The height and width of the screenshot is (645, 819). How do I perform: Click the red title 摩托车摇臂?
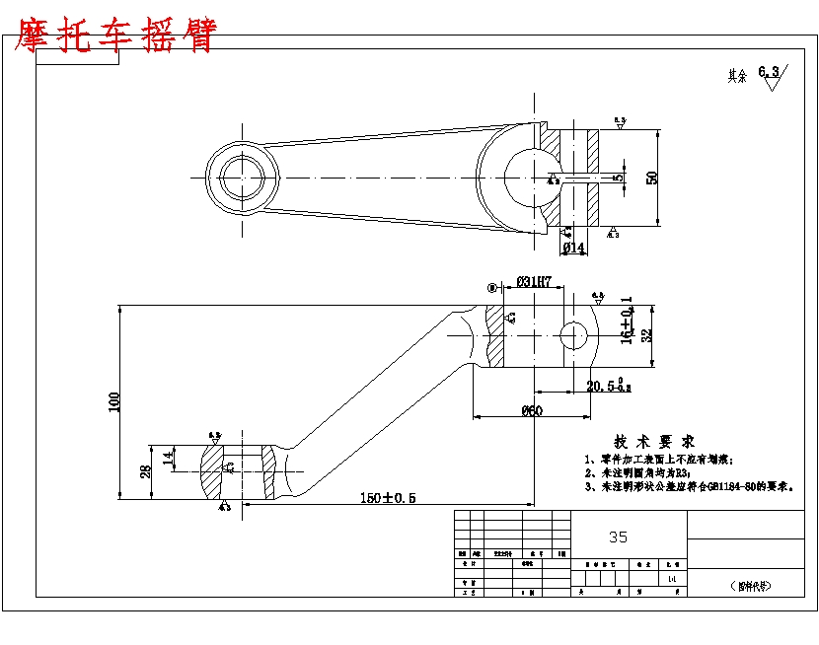click(113, 36)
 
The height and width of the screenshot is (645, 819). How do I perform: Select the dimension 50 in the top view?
click(652, 178)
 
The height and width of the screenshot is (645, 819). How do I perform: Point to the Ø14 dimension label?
click(573, 247)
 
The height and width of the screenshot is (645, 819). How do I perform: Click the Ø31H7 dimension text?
click(533, 282)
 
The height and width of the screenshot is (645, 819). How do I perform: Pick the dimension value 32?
click(646, 335)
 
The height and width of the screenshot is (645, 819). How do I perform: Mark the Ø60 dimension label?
click(532, 410)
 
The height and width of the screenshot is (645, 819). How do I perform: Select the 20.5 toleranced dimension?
click(609, 387)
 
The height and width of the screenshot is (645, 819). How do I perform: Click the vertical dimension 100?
click(114, 401)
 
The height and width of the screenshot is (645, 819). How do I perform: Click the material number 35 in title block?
click(618, 537)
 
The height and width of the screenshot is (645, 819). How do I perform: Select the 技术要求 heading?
click(655, 441)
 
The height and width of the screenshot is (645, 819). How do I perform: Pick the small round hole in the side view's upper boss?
click(573, 335)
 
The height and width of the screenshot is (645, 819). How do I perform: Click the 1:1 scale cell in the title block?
click(672, 579)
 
